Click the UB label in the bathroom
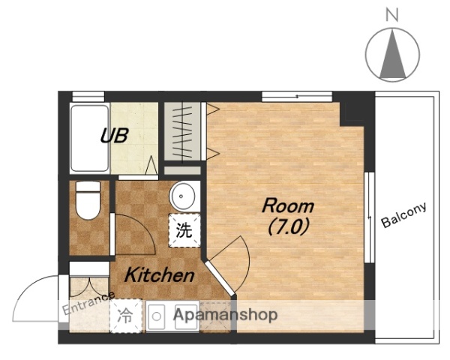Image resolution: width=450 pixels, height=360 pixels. point(115,136)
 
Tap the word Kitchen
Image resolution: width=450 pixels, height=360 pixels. point(159,275)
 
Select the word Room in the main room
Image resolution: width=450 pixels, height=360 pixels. point(287,205)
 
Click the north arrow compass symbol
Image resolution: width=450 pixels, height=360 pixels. point(393,55)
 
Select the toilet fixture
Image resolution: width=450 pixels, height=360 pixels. point(88,201)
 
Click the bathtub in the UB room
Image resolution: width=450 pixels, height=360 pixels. point(89,138)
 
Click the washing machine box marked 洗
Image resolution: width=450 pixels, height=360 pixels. point(184,230)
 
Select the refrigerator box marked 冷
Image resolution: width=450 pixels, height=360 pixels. point(125,316)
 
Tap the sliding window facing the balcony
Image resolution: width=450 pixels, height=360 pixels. point(368,217)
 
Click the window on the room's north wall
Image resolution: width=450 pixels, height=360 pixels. point(296,95)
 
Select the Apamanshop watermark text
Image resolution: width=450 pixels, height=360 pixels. point(226,315)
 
